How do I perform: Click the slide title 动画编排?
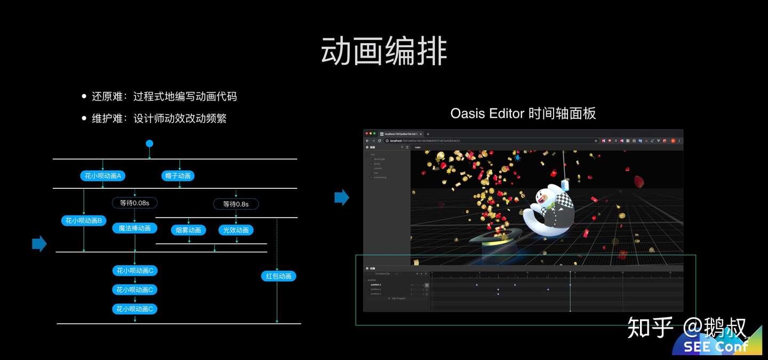click(384, 52)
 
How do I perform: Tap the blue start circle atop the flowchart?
click(149, 143)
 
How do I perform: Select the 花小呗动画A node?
click(103, 175)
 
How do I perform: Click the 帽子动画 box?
click(178, 175)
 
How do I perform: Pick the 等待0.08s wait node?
click(134, 203)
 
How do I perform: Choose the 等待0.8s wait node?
click(236, 204)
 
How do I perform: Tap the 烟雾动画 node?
click(189, 230)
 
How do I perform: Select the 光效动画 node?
click(236, 230)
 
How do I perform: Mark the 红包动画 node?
click(278, 276)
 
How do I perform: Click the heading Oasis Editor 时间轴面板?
click(523, 113)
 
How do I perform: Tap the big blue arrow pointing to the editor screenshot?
click(341, 198)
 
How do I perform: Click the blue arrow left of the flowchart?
click(39, 244)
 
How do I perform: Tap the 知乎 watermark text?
click(650, 327)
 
